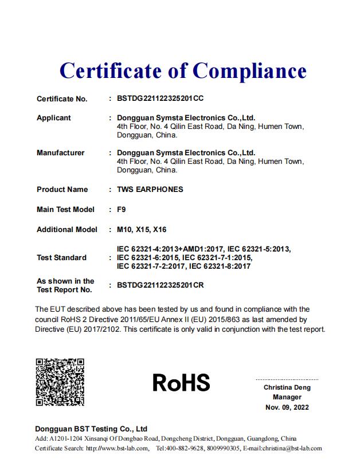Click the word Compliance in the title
[x=249, y=70]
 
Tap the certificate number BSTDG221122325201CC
[x=160, y=99]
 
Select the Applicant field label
[x=54, y=118]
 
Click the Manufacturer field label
[x=60, y=153]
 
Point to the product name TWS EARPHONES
[x=150, y=190]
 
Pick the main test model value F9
[x=121, y=210]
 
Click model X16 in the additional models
[x=160, y=230]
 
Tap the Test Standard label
[x=61, y=258]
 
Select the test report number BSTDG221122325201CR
[x=161, y=284]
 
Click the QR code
[x=60, y=382]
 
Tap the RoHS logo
[x=181, y=382]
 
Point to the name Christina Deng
[x=287, y=388]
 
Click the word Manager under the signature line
[x=287, y=398]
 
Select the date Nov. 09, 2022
[x=287, y=407]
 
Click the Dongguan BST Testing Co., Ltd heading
[x=91, y=429]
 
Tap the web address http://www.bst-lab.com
[x=118, y=449]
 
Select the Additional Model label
[x=66, y=230]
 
